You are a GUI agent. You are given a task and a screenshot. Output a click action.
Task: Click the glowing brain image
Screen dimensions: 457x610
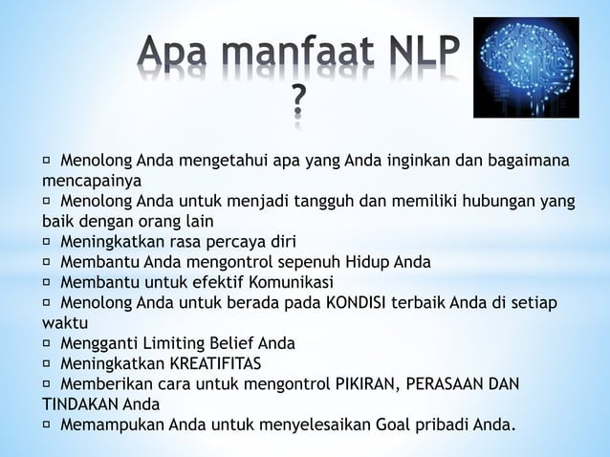526,67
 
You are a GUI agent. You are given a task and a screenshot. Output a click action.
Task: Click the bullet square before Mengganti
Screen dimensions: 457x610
47,342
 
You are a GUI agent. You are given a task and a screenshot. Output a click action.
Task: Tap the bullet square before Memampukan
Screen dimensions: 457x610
47,424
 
